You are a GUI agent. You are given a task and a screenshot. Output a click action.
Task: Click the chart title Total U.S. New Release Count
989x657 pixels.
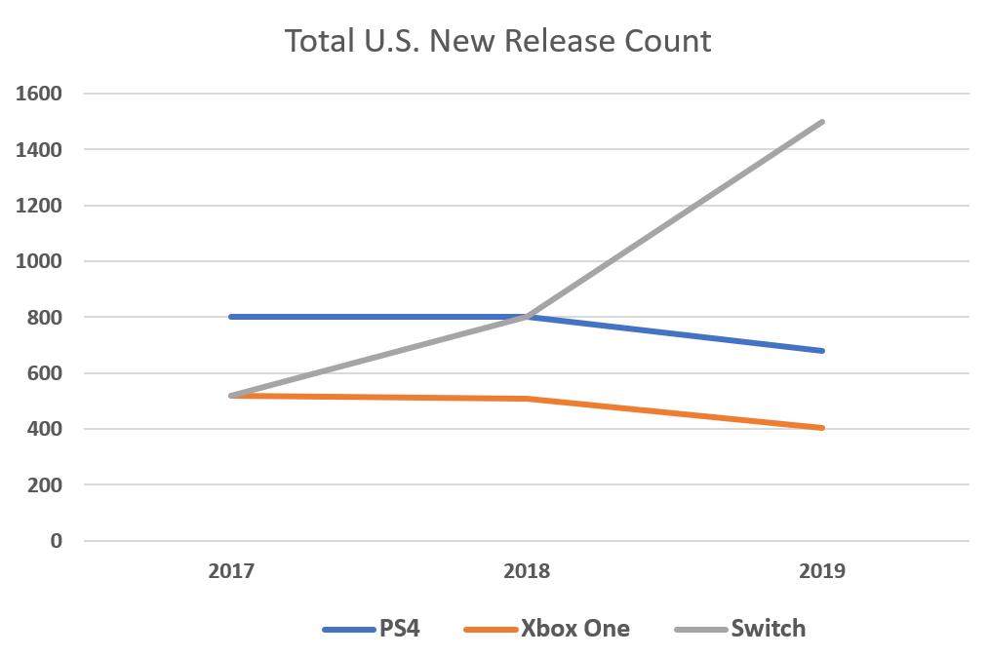pyautogui.click(x=497, y=41)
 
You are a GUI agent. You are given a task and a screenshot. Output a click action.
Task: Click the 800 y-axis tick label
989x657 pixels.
pyautogui.click(x=45, y=317)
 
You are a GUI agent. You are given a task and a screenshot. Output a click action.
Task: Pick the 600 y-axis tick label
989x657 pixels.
pyautogui.click(x=45, y=373)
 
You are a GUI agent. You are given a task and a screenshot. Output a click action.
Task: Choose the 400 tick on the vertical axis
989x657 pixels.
pyautogui.click(x=45, y=429)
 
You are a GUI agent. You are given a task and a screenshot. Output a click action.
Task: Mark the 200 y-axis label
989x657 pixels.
pyautogui.click(x=45, y=484)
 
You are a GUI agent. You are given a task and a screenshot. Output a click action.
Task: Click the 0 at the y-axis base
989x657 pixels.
pyautogui.click(x=56, y=541)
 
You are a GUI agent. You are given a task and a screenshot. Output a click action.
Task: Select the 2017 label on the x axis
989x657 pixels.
pyautogui.click(x=231, y=571)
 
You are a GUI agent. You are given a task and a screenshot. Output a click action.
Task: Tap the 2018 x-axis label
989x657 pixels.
pyautogui.click(x=527, y=571)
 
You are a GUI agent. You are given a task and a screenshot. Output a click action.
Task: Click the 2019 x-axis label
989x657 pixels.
pyautogui.click(x=822, y=571)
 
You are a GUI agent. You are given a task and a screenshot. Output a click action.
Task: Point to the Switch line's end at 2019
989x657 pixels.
pyautogui.click(x=823, y=122)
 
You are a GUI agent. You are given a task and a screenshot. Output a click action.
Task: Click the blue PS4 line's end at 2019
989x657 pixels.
pyautogui.click(x=823, y=351)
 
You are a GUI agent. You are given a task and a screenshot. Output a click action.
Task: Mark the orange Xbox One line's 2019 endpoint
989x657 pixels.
pyautogui.click(x=823, y=428)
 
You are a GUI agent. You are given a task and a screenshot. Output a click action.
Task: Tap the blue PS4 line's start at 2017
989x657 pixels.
pyautogui.click(x=231, y=317)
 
